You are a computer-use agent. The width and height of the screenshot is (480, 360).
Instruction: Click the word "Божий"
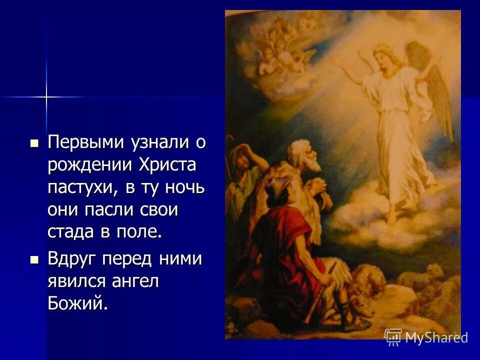pos(77,303)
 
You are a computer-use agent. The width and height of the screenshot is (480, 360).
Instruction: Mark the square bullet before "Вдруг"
pos(34,260)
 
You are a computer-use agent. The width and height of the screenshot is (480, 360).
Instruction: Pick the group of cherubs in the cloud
pos(280,45)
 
